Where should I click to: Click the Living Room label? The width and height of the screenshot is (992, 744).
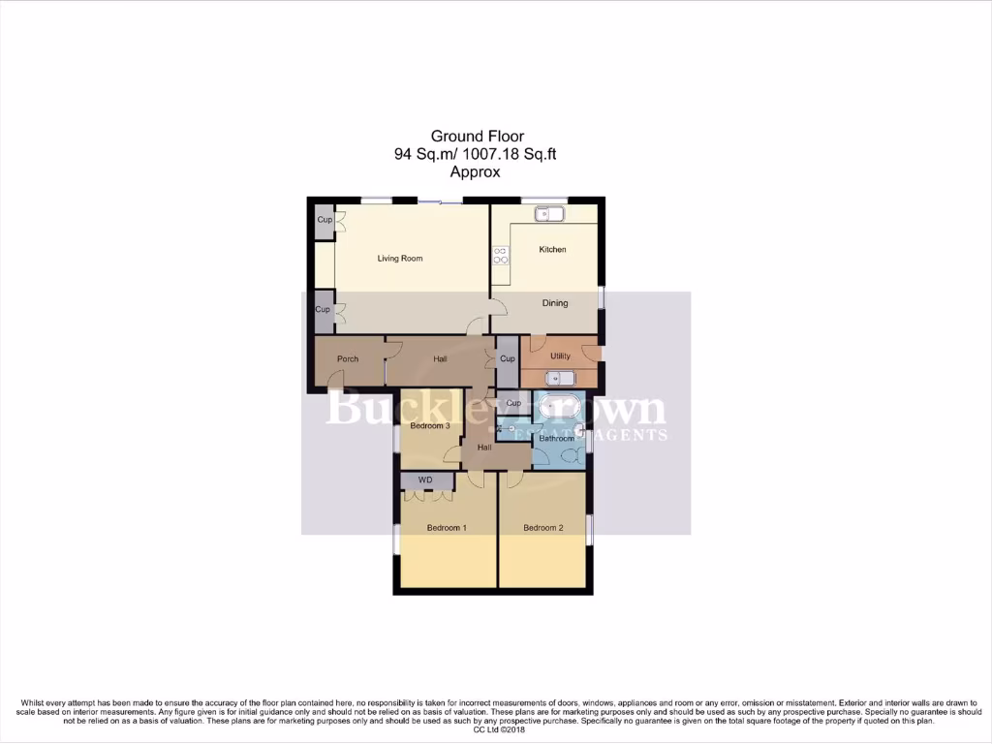click(399, 259)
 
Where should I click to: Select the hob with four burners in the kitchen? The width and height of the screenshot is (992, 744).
click(501, 256)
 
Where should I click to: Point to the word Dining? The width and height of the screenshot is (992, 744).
click(555, 303)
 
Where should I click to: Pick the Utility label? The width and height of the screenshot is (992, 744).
click(560, 356)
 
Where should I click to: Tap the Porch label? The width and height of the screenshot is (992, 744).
click(348, 359)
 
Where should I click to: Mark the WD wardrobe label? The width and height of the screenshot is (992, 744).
click(425, 480)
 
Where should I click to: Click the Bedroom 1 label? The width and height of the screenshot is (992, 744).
click(448, 528)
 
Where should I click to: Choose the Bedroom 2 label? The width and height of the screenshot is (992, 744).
click(542, 528)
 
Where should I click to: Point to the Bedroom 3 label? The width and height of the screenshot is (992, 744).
click(429, 426)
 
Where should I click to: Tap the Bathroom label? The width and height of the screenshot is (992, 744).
click(557, 439)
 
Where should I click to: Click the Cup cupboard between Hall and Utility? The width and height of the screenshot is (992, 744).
click(508, 358)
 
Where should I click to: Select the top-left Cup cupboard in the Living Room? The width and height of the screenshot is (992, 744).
click(324, 220)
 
